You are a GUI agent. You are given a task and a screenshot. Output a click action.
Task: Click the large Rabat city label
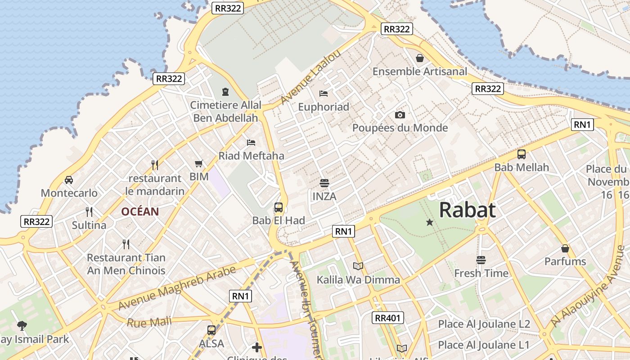click(x=467, y=210)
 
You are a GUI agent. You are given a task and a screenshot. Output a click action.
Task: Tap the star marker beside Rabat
click(x=429, y=222)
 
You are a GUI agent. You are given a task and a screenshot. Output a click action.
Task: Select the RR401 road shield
click(x=387, y=318)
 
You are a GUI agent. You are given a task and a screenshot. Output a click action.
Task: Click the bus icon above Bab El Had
click(x=279, y=207)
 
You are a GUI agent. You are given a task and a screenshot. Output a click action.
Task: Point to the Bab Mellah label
click(x=522, y=167)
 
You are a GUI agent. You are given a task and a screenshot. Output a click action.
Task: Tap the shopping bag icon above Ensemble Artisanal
click(x=419, y=58)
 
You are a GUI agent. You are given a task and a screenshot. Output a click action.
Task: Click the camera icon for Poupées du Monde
click(x=400, y=115)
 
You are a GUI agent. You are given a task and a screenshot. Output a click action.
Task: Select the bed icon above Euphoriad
click(x=324, y=94)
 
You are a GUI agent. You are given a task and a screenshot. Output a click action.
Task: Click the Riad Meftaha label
click(x=251, y=156)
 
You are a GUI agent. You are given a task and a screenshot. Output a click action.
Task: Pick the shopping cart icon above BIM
click(x=199, y=164)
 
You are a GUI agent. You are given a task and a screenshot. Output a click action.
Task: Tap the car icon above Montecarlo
click(x=69, y=180)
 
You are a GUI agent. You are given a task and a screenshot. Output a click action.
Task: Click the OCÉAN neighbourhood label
click(x=140, y=211)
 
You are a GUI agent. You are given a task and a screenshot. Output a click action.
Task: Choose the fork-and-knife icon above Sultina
click(x=89, y=211)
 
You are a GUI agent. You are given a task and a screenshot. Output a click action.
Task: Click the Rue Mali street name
click(x=149, y=322)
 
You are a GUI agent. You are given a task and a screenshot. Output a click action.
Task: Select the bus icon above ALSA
click(x=211, y=330)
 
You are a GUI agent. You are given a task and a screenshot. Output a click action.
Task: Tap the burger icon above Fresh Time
click(x=481, y=260)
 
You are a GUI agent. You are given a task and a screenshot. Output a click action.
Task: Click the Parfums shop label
click(x=565, y=261)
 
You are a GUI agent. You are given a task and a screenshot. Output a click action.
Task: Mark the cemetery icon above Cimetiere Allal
click(x=225, y=92)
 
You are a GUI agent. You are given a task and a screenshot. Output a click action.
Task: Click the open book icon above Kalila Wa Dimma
click(x=358, y=266)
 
